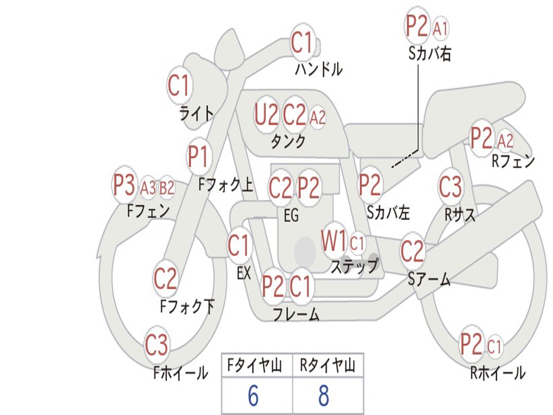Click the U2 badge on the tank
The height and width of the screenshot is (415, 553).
pos(266,115)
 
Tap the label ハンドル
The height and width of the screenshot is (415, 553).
pos(319,69)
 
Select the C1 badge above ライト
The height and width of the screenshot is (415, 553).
pos(180,85)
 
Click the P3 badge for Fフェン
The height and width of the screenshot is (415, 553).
pos(124,185)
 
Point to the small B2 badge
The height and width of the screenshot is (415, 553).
pos(166,188)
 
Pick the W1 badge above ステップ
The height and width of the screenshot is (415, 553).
pos(334,242)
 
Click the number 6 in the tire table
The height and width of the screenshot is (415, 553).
pos(253,396)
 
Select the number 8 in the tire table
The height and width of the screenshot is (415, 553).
pos(323,396)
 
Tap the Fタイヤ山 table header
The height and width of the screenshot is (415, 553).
pos(253,366)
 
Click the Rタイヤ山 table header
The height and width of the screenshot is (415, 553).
pos(327,366)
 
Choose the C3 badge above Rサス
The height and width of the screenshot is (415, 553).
pos(450,187)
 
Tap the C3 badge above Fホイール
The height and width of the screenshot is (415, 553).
pos(157,345)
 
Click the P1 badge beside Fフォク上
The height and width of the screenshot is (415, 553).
pos(198,157)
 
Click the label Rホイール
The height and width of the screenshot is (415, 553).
pos(497,373)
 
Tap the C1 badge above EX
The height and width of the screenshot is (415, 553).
pos(239,246)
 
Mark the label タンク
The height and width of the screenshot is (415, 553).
pos(288,142)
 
